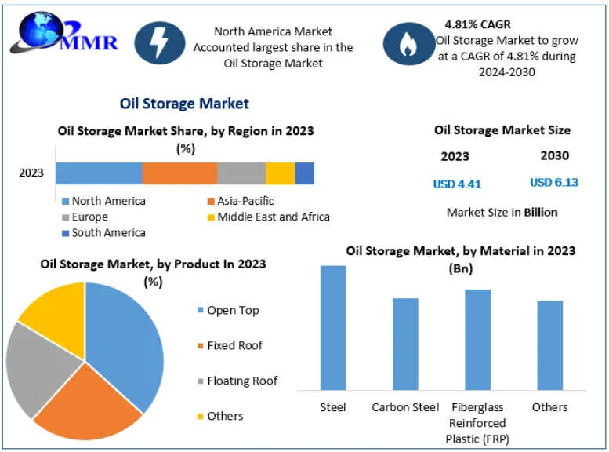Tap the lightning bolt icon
click(160, 42)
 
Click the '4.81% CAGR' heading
click(477, 24)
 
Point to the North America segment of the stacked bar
click(99, 173)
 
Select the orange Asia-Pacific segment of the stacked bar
click(179, 173)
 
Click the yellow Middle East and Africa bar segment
click(280, 173)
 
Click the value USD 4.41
click(457, 184)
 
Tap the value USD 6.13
click(554, 183)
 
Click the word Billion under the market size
click(541, 212)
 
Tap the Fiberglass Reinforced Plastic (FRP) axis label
click(477, 422)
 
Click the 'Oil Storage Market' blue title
click(184, 104)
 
